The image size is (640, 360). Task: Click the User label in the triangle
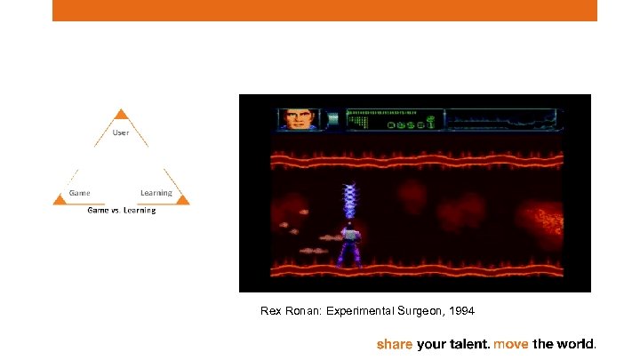[x=121, y=132]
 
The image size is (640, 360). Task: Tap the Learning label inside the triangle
[x=156, y=193]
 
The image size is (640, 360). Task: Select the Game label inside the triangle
[x=80, y=193]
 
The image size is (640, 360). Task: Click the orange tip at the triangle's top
[x=122, y=115]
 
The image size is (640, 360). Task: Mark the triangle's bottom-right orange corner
[x=182, y=201]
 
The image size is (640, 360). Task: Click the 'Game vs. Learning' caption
[x=121, y=211]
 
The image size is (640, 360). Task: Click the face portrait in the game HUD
[x=297, y=119]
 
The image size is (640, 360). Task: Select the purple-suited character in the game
[x=348, y=245]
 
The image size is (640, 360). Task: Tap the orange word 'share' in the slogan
[x=395, y=343]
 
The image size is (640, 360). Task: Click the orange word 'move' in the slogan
[x=511, y=343]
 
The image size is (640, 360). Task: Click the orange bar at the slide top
[x=324, y=10]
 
